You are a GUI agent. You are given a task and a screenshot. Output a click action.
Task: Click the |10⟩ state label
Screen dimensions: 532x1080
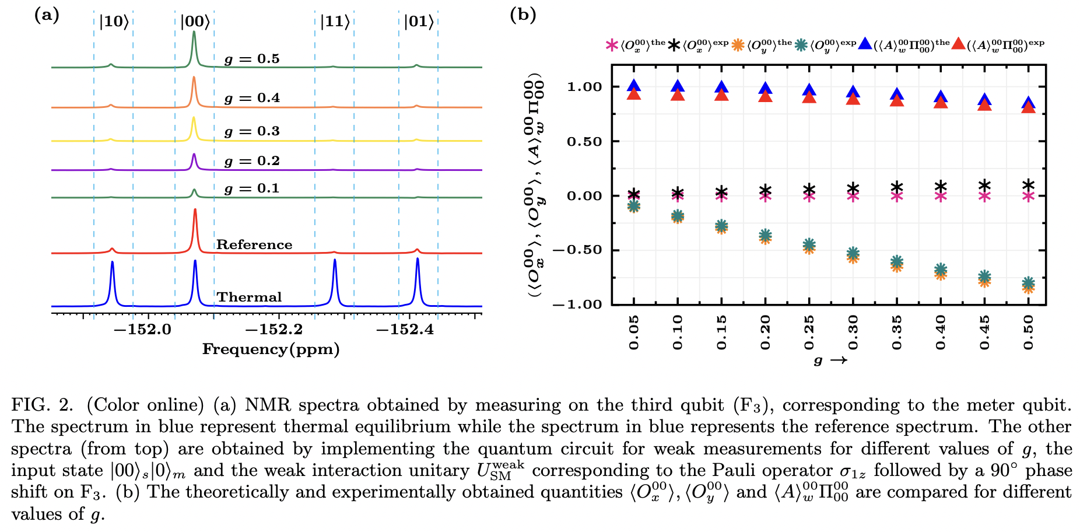113,22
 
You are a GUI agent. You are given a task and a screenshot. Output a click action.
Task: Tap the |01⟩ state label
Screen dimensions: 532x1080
419,22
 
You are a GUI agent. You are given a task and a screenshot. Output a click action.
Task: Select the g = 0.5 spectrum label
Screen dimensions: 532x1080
252,59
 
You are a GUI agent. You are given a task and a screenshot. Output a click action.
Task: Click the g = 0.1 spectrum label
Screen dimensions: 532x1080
252,188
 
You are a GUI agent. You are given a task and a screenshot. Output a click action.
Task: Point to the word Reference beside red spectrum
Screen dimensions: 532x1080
254,244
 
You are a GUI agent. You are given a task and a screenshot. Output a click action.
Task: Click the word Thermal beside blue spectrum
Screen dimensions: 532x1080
249,297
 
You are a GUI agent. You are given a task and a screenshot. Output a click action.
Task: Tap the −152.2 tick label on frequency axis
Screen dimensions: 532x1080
274,330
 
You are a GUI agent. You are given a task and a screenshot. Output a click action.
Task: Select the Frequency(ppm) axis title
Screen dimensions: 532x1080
271,349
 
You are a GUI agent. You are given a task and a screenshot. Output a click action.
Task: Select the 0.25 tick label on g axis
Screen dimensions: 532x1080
809,332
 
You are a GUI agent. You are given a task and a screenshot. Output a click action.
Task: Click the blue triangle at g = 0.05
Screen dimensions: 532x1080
634,85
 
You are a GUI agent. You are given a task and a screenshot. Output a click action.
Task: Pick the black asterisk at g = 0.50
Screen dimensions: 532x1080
1028,185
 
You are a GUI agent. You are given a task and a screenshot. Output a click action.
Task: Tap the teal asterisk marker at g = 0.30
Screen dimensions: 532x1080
853,253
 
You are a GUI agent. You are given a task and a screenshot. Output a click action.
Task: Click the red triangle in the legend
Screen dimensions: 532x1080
958,44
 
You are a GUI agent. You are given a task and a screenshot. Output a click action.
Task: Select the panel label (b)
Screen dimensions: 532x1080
523,15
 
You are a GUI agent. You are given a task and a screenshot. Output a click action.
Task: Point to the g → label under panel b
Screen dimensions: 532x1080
830,360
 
